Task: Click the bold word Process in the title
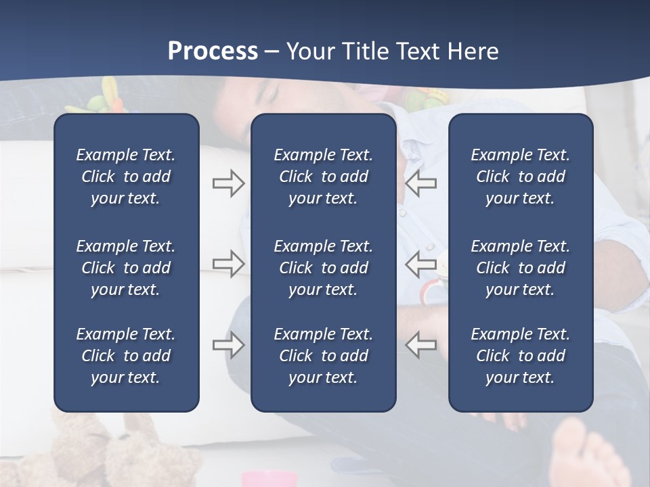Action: [x=213, y=51]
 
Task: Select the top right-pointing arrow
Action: [x=229, y=183]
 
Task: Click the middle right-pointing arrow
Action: [x=229, y=264]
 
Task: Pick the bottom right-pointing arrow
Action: [x=229, y=345]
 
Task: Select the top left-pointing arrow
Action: [x=420, y=183]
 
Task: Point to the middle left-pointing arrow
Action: [x=420, y=264]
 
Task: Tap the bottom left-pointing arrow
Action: [x=420, y=345]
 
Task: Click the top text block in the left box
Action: [x=126, y=177]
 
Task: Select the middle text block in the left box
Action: [x=126, y=268]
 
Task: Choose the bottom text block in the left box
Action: [x=126, y=356]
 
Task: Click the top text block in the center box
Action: [x=323, y=177]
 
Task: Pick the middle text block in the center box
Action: [x=323, y=268]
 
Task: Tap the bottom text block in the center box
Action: [x=323, y=356]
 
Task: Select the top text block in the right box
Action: [x=520, y=177]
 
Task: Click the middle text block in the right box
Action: [x=520, y=268]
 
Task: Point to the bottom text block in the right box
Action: [x=520, y=356]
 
